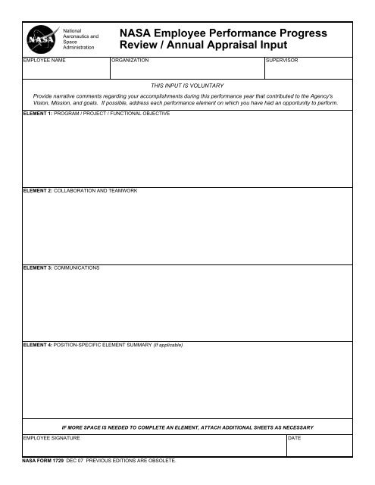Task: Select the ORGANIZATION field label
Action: [130, 58]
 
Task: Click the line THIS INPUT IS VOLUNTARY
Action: [187, 86]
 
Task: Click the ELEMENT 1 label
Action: [39, 114]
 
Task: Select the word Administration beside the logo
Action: [79, 47]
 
